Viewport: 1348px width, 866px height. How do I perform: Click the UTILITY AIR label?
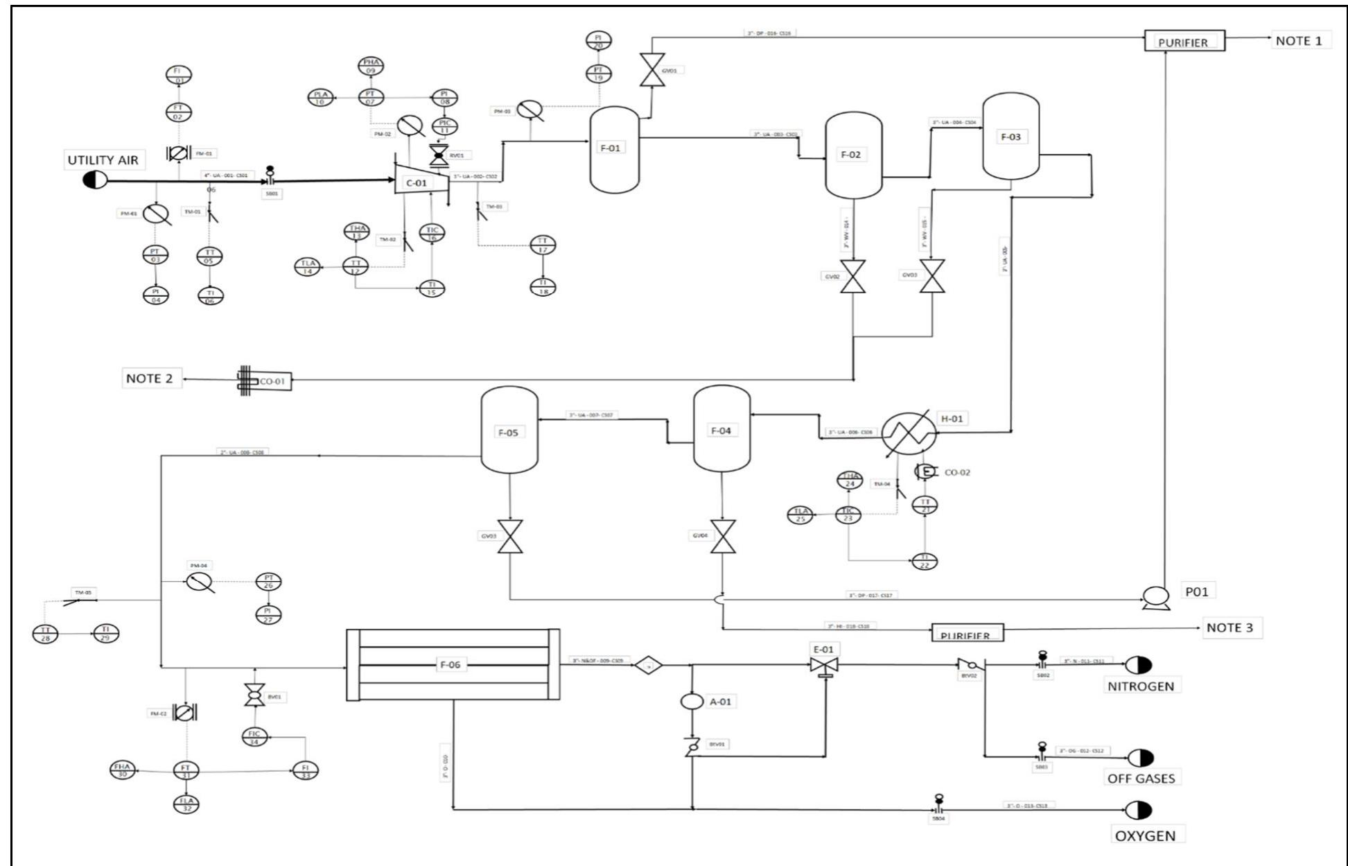(103, 160)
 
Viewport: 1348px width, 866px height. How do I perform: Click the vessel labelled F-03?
(1010, 137)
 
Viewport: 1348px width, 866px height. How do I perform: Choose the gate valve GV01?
(651, 69)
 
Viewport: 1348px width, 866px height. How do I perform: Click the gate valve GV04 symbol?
(723, 537)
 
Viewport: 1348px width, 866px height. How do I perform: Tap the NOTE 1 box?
(1299, 41)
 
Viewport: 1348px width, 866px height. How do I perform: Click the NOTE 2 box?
(150, 379)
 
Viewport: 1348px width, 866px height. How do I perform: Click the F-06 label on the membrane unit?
(451, 665)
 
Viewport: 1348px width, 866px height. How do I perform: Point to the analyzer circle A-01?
(692, 701)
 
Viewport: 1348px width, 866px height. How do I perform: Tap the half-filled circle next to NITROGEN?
(1138, 666)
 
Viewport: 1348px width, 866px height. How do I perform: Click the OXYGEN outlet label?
(1145, 835)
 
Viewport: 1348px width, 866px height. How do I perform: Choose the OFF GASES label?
(1140, 778)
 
